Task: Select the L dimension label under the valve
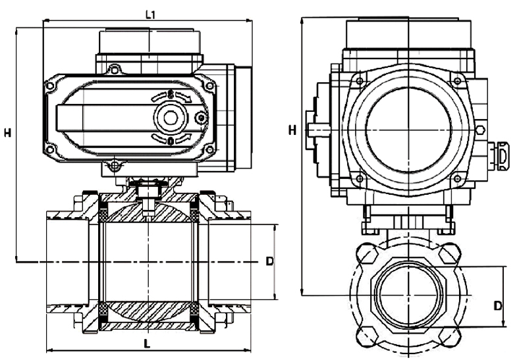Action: (x=146, y=343)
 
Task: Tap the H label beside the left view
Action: (x=7, y=132)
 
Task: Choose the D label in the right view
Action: (x=499, y=305)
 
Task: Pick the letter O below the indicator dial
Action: (x=171, y=141)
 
